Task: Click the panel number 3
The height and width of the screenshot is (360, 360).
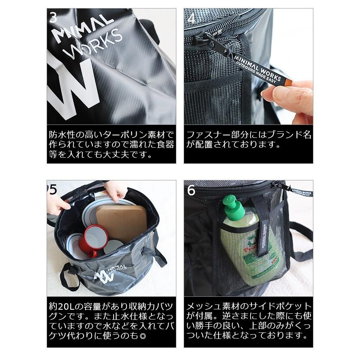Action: tap(53, 18)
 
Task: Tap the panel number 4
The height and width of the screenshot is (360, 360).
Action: tap(191, 19)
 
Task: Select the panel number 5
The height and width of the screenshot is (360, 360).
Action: tap(53, 190)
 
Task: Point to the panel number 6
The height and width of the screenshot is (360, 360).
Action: tap(191, 190)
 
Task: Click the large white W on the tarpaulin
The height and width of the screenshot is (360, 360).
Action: tap(73, 87)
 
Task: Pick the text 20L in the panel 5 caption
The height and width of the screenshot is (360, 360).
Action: tap(67, 306)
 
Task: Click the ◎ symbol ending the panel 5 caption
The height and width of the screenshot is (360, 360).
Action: tap(142, 336)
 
